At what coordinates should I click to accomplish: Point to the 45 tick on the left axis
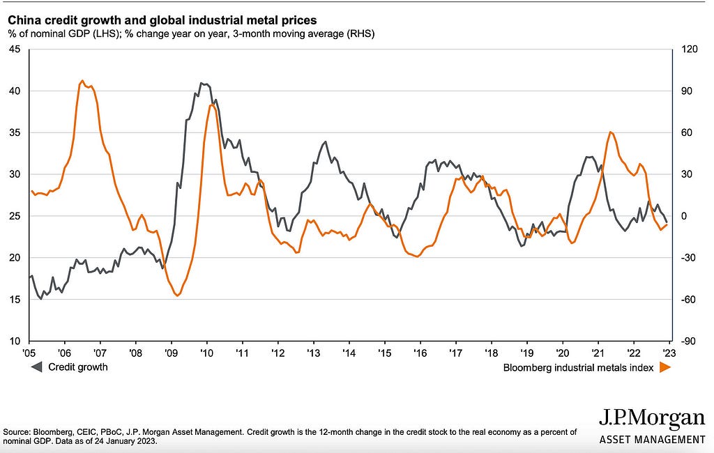(x=14, y=49)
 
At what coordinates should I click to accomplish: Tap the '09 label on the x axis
(x=171, y=354)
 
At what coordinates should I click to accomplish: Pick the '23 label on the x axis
(x=668, y=354)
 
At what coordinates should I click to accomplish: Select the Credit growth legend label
(x=77, y=367)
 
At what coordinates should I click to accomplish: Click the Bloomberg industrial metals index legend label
(x=578, y=367)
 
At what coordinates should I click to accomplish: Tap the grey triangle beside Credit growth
(x=35, y=367)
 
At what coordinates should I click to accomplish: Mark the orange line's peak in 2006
(x=82, y=81)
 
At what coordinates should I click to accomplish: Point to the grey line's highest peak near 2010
(x=202, y=84)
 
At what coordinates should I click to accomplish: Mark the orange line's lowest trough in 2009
(x=177, y=295)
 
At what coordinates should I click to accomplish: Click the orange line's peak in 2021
(x=610, y=132)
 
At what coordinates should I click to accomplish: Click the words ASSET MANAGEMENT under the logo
(x=652, y=439)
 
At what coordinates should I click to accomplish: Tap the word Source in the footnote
(x=16, y=432)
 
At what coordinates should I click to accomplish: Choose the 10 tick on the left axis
(x=14, y=341)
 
